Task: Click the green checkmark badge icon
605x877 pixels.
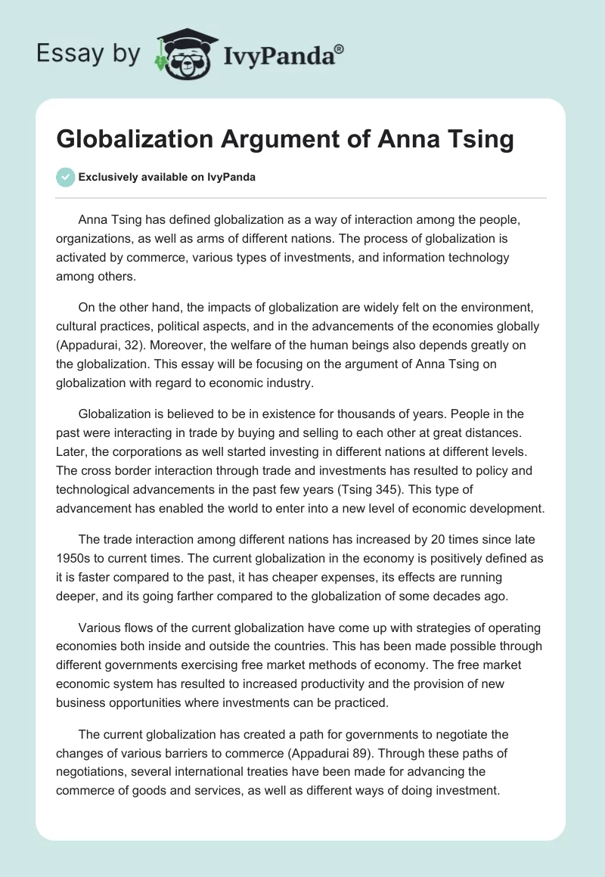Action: pyautogui.click(x=65, y=178)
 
